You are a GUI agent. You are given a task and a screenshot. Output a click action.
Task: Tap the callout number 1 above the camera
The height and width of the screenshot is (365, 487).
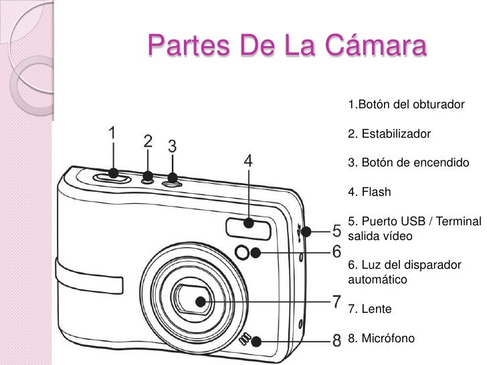pos(114,133)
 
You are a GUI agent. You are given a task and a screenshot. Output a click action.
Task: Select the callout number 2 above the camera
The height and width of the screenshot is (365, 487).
pos(148,142)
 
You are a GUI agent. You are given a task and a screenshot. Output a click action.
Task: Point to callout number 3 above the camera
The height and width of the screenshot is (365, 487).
pos(172,146)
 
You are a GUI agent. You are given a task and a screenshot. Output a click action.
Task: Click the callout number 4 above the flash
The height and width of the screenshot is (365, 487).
pos(248,161)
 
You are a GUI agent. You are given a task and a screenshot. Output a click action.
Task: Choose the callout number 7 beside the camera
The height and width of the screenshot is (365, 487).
pos(338,301)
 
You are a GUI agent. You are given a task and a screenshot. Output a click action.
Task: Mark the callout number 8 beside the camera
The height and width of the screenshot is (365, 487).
pos(338,340)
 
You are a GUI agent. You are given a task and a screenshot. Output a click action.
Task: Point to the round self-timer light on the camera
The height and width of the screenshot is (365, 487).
pos(244,253)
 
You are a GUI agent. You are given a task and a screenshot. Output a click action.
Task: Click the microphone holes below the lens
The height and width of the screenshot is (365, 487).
pos(248,340)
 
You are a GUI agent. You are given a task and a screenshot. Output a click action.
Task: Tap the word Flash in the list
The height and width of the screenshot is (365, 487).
pos(377,193)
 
